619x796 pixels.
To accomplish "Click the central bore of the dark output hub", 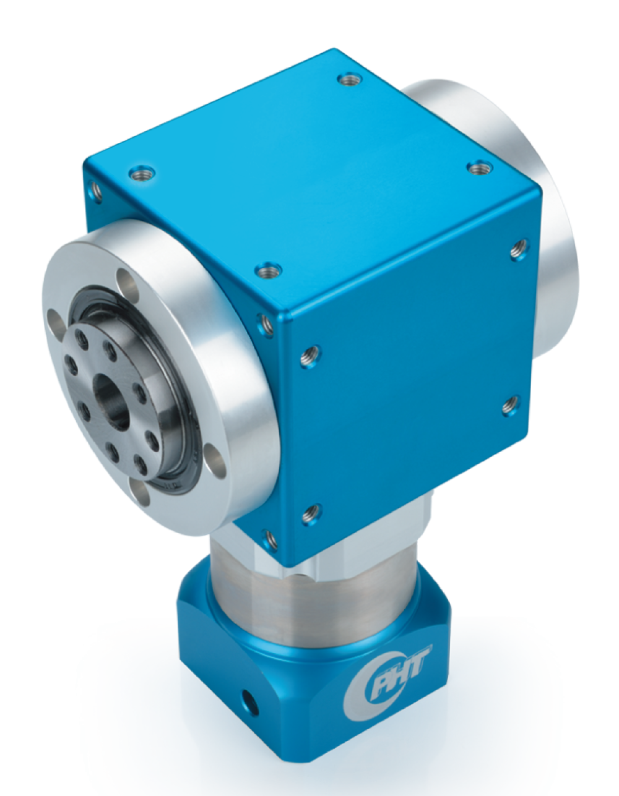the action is coord(112,402).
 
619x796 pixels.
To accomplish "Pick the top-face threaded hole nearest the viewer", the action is coord(268,272).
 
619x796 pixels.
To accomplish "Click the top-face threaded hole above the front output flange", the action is coord(142,173).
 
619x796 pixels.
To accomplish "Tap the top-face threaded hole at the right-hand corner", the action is coord(480,168).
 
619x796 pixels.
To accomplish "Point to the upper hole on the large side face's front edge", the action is coord(311,356).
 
